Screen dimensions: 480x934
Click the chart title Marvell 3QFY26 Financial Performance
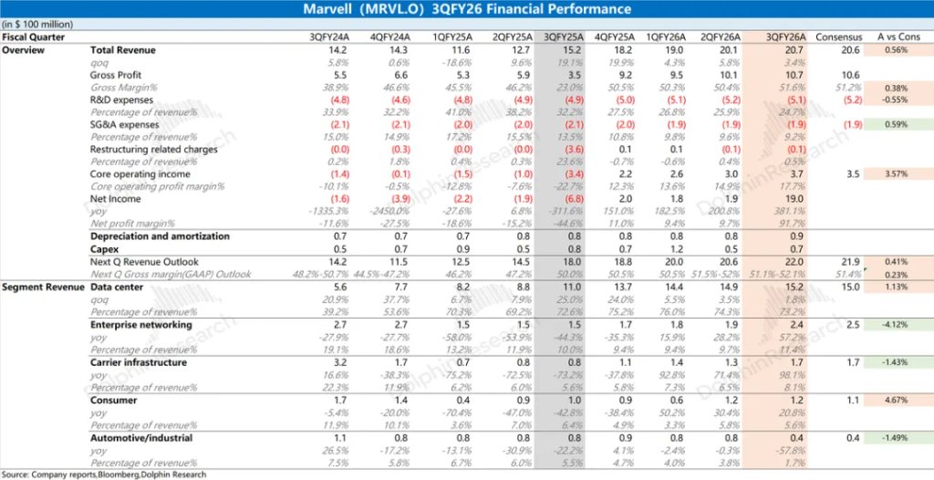tap(467, 9)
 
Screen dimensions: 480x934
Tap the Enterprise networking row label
tap(140, 324)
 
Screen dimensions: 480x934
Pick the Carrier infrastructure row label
tap(139, 362)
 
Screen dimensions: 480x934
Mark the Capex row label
tap(105, 248)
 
